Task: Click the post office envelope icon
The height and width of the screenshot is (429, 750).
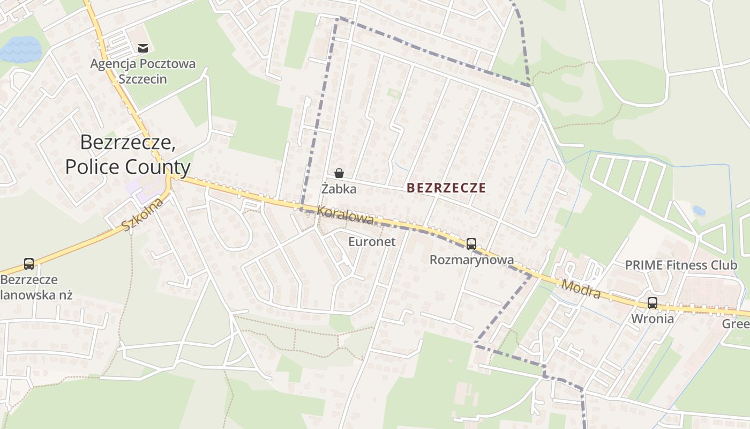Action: pyautogui.click(x=142, y=48)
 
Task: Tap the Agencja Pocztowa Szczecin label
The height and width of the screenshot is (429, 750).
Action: pyautogui.click(x=143, y=71)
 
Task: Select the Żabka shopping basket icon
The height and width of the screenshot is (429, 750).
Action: pyautogui.click(x=339, y=173)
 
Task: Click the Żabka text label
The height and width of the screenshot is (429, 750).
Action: pyautogui.click(x=339, y=189)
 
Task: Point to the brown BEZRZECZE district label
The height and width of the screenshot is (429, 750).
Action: pyautogui.click(x=446, y=188)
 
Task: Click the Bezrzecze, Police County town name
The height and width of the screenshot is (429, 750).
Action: pyautogui.click(x=127, y=154)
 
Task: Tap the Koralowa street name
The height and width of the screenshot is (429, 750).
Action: pyautogui.click(x=345, y=215)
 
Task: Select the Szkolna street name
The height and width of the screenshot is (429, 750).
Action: pyautogui.click(x=142, y=214)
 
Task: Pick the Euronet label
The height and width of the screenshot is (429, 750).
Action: pyautogui.click(x=372, y=242)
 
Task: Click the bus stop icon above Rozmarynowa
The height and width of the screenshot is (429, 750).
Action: pyautogui.click(x=471, y=244)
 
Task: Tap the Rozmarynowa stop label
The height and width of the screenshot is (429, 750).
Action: pyautogui.click(x=471, y=260)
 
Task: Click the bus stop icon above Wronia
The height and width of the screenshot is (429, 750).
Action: pyautogui.click(x=652, y=302)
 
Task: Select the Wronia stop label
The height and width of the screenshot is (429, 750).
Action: pyautogui.click(x=652, y=319)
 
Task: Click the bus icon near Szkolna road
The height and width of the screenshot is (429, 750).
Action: pyautogui.click(x=29, y=264)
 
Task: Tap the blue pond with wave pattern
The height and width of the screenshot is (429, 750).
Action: pyautogui.click(x=20, y=49)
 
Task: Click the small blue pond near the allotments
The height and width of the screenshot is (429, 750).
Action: pyautogui.click(x=699, y=211)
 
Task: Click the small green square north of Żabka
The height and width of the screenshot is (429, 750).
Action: pyautogui.click(x=394, y=93)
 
